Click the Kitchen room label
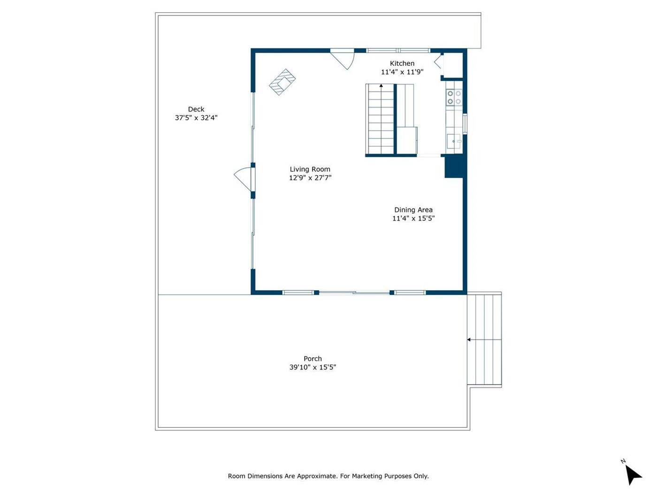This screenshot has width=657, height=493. coord(402,63)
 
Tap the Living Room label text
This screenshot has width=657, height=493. coord(310,169)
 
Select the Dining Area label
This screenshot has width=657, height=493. coord(413,210)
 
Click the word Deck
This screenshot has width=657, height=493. coord(196,109)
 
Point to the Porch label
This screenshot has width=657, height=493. coord(313,359)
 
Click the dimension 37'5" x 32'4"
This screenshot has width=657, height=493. coord(196,118)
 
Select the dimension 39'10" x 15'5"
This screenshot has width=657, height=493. coord(313,367)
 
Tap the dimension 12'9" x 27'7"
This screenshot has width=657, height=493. coord(310,178)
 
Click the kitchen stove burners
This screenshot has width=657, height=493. coord(454,98)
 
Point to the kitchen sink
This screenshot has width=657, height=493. coord(454,141)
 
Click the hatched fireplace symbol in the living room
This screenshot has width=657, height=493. coord(282,82)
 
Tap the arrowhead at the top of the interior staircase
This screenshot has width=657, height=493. coord(381,85)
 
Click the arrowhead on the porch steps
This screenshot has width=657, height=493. coord(469,340)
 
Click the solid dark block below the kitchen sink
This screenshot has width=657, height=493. coord(454,167)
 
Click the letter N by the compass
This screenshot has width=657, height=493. coord(623,461)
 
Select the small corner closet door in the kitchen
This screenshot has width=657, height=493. coord(438,62)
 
